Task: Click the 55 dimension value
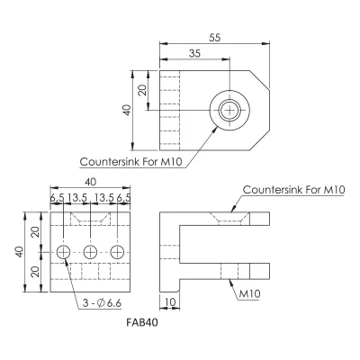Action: tap(214, 38)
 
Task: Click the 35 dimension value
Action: tap(194, 53)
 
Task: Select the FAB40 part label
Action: tap(142, 322)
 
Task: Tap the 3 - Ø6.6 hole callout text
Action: tap(102, 303)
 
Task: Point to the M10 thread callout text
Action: tap(249, 294)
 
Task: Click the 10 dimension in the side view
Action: tap(170, 301)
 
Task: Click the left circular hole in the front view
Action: tap(64, 252)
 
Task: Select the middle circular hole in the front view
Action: tap(90, 252)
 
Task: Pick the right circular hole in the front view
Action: tap(117, 252)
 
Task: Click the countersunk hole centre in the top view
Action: tap(229, 110)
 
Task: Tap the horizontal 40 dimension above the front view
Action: tap(91, 182)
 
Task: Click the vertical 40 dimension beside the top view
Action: tap(127, 110)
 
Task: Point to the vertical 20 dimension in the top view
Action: tap(143, 90)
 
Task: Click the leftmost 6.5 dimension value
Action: tap(57, 198)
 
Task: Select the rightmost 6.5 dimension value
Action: tap(123, 198)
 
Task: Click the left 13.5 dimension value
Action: tap(77, 198)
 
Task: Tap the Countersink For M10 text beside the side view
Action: tap(294, 190)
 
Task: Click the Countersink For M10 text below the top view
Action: tap(131, 162)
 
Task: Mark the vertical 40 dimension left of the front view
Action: tap(20, 252)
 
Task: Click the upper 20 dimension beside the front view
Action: tap(36, 232)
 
